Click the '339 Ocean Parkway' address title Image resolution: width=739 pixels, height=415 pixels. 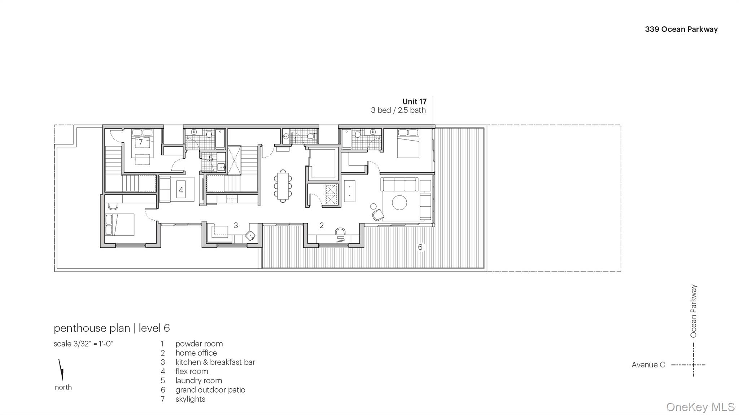point(681,30)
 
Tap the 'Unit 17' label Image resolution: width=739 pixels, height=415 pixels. point(414,102)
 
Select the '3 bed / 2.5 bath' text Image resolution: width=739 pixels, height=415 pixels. point(398,110)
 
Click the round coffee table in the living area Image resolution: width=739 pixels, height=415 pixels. point(399,203)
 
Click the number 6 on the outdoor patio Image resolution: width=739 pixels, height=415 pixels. point(420,247)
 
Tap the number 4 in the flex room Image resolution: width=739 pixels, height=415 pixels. point(181,190)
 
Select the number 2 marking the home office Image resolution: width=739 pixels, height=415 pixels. point(322,225)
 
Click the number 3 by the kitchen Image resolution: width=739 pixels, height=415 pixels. point(236,225)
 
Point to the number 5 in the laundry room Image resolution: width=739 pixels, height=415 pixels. point(211,159)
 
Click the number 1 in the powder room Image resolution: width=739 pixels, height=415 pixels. point(295,140)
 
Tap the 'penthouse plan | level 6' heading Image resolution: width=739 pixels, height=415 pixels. point(111,328)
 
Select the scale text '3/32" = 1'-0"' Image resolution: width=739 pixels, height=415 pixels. point(83,344)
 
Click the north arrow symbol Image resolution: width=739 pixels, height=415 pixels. point(61,370)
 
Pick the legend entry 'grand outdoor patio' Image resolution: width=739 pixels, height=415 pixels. point(210,390)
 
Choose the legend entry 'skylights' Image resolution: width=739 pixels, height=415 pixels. point(190,399)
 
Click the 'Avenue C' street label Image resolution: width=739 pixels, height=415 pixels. point(648,365)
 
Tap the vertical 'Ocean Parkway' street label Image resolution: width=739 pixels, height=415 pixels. point(693,311)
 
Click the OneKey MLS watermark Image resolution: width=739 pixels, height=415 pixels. point(700,407)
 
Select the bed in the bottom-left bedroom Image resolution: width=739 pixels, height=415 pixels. point(119,225)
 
